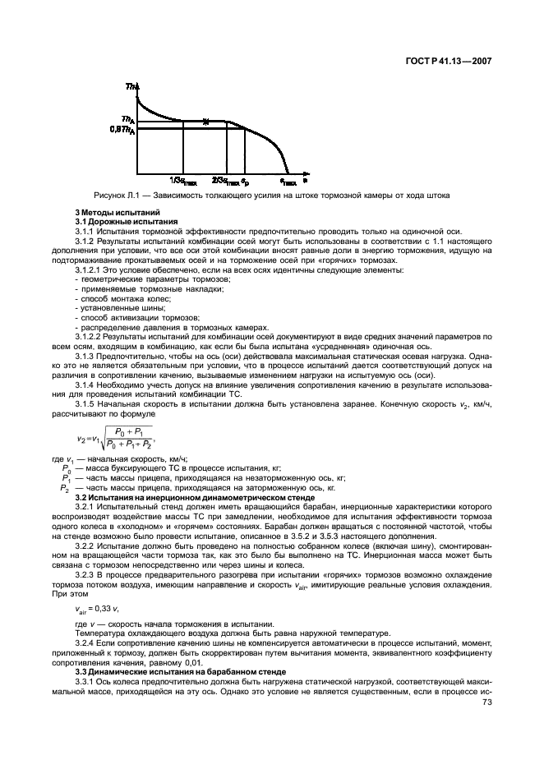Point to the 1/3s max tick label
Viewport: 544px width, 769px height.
(182, 180)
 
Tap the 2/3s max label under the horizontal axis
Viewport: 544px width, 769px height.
(225, 180)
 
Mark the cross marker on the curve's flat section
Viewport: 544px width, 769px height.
(206, 122)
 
